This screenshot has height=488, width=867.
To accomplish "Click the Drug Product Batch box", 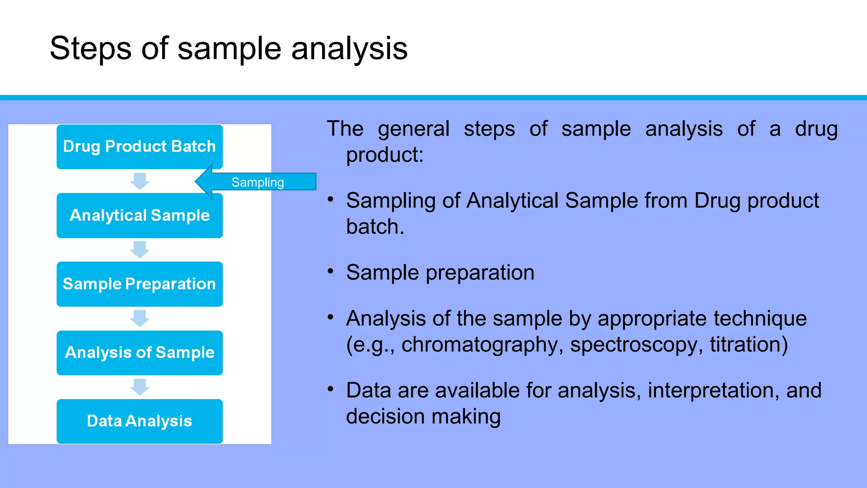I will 139,147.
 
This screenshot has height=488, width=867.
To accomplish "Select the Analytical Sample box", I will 139,215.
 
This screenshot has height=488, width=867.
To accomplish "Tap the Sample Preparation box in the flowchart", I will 139,284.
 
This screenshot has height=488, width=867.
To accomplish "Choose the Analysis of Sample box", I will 139,352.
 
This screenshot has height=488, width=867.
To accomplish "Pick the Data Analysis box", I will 139,421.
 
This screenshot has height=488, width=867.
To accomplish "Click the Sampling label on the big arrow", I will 257,182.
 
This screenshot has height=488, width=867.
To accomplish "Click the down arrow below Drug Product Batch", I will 140,181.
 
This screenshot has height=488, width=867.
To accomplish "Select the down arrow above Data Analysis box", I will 140,387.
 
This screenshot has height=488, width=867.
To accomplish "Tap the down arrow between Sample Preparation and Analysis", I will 140,318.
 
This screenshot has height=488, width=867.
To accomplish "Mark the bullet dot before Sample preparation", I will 331,271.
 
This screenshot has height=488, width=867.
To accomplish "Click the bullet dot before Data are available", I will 331,389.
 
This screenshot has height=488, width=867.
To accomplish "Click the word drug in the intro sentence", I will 816,129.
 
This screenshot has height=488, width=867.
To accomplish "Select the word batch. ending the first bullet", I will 375,227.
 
